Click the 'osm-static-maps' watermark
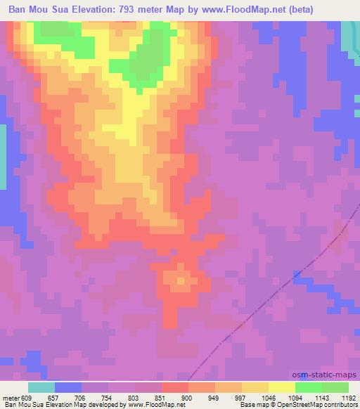click(326, 375)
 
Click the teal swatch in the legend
click(41, 387)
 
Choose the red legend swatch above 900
click(175, 387)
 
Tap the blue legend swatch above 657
click(68, 387)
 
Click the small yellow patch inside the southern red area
click(179, 280)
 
